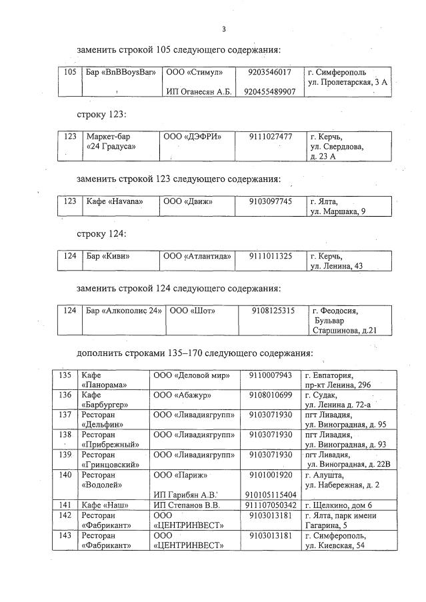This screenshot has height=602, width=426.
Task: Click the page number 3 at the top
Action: pyautogui.click(x=224, y=29)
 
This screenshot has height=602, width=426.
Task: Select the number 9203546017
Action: pyautogui.click(x=269, y=72)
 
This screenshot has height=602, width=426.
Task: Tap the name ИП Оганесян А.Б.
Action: pyautogui.click(x=198, y=91)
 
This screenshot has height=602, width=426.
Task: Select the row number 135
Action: pyautogui.click(x=65, y=375)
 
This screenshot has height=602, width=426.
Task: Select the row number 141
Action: pyautogui.click(x=65, y=505)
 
